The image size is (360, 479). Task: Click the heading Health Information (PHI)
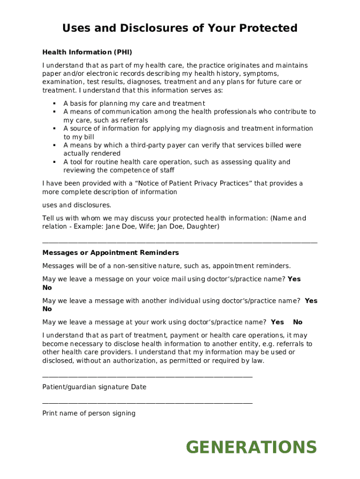click(x=90, y=52)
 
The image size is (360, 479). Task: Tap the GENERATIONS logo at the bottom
click(x=252, y=447)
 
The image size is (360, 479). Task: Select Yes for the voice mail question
click(x=294, y=279)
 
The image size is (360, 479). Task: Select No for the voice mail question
click(x=47, y=288)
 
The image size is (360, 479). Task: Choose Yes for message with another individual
click(x=311, y=301)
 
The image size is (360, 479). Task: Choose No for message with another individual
click(x=47, y=309)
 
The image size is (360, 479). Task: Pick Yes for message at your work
click(x=277, y=322)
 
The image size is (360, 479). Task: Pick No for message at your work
click(x=298, y=322)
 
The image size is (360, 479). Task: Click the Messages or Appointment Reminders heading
click(x=110, y=253)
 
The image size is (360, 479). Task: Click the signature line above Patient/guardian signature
click(x=147, y=377)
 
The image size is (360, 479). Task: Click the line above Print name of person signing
click(x=147, y=403)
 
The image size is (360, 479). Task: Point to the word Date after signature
click(x=139, y=387)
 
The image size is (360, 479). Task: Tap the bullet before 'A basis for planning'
click(x=54, y=103)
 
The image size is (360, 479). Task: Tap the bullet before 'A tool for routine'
click(x=54, y=162)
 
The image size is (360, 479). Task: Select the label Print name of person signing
click(x=89, y=413)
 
